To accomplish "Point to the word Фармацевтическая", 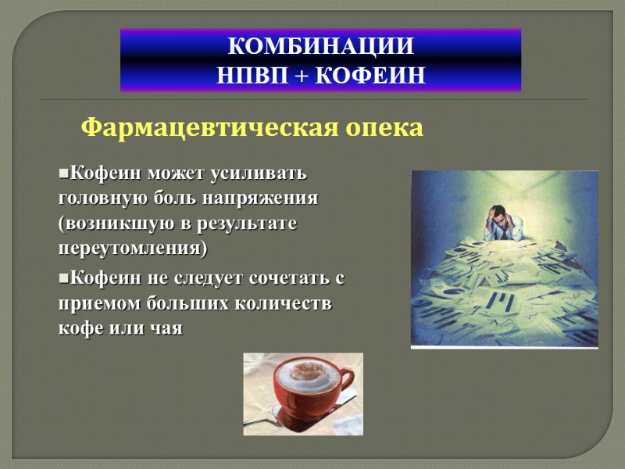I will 210,126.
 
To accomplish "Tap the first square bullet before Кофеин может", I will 62,171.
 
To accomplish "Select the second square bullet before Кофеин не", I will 62,277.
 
